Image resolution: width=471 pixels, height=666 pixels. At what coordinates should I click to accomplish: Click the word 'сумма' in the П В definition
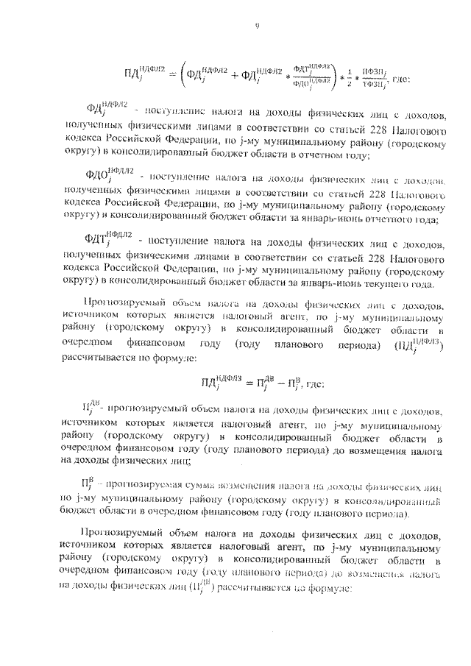[x=194, y=488]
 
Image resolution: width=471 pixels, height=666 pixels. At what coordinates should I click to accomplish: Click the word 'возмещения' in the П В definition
[x=244, y=488]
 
